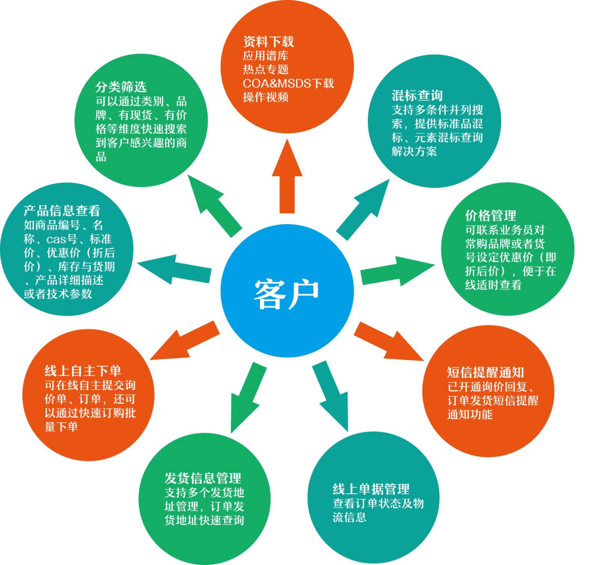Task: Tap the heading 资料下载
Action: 268,41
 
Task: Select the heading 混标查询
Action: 417,96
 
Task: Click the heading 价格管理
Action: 490,215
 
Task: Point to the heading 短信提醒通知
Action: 485,372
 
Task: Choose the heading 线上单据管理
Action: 371,489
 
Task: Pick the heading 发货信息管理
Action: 203,478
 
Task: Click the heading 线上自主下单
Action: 83,371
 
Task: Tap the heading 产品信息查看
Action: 62,211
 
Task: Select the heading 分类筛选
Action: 121,87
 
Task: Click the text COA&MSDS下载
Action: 288,83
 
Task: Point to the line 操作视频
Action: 266,97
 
